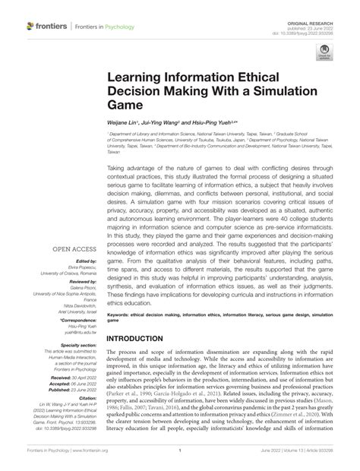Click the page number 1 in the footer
[180, 449]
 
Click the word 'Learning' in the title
[138, 77]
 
